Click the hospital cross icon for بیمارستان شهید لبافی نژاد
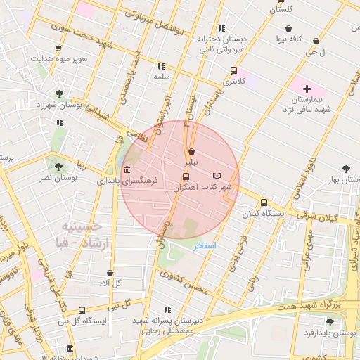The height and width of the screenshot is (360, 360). (307, 89)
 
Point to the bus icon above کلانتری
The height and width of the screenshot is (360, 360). (233, 70)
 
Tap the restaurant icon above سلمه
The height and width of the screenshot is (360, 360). (162, 67)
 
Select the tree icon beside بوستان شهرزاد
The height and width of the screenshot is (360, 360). (58, 94)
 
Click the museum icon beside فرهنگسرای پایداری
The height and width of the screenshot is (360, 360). (126, 171)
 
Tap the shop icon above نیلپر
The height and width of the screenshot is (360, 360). (191, 151)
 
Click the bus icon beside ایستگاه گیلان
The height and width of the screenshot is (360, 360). (264, 203)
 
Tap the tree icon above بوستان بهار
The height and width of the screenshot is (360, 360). (345, 168)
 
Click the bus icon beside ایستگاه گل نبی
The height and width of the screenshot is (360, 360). (82, 310)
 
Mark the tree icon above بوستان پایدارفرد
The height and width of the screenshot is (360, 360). (330, 322)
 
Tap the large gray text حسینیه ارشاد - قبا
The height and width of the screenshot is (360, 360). (83, 235)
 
